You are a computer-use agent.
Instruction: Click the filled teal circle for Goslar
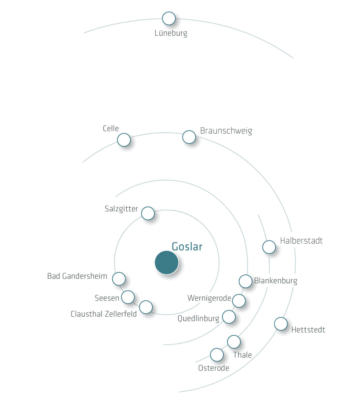click(x=167, y=262)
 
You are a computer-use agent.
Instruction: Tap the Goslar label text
click(x=187, y=246)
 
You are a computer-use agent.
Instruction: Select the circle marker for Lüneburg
click(x=169, y=18)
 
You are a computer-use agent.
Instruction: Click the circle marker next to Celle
click(x=124, y=140)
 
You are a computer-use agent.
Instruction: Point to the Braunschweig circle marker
click(x=189, y=137)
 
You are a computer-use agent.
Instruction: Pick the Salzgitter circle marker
click(x=148, y=213)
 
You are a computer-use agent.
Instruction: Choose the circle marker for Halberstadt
click(x=269, y=247)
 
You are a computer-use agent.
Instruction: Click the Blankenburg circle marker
click(x=246, y=281)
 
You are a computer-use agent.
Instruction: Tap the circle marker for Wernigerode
click(x=239, y=300)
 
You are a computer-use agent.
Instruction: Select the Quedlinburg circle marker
click(x=229, y=317)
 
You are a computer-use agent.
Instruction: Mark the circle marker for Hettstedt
click(x=281, y=324)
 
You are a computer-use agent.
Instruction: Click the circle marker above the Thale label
click(x=234, y=342)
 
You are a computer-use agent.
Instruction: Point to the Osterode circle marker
click(x=217, y=355)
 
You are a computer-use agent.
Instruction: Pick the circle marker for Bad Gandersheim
click(x=119, y=278)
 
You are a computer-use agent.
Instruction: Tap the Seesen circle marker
click(x=128, y=297)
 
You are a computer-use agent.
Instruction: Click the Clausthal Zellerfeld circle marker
click(x=146, y=307)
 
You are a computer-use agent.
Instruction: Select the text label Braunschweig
click(x=226, y=131)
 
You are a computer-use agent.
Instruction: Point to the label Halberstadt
click(x=301, y=240)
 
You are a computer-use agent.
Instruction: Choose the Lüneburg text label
click(x=171, y=33)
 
